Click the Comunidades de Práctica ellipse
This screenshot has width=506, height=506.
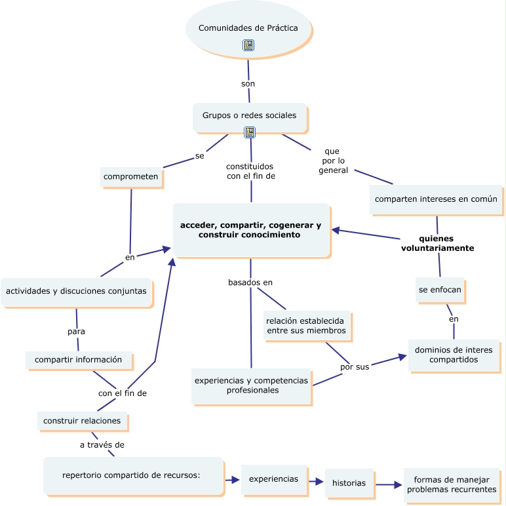pos(248,29)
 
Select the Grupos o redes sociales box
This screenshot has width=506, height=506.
pos(249,116)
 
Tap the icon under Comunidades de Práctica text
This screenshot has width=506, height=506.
pos(248,45)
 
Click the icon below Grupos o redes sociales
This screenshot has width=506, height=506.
pos(250,132)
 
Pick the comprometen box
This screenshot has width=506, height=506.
pos(131,177)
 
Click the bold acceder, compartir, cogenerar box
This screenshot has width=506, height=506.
pos(251,230)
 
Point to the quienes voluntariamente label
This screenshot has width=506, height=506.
pos(437,243)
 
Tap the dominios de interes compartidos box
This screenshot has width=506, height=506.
pos(454,355)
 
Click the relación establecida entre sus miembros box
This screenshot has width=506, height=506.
pos(306,326)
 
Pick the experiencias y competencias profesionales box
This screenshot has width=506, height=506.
pos(251,385)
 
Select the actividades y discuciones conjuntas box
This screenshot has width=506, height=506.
pos(77,291)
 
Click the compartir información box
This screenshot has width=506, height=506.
pos(78,360)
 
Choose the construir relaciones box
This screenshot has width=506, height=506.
pos(82,421)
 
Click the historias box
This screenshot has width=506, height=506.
pos(349,483)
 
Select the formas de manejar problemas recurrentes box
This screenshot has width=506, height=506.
pos(452,485)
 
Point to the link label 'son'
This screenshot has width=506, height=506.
pos(248,84)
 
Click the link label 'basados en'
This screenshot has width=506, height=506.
pos(250,282)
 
